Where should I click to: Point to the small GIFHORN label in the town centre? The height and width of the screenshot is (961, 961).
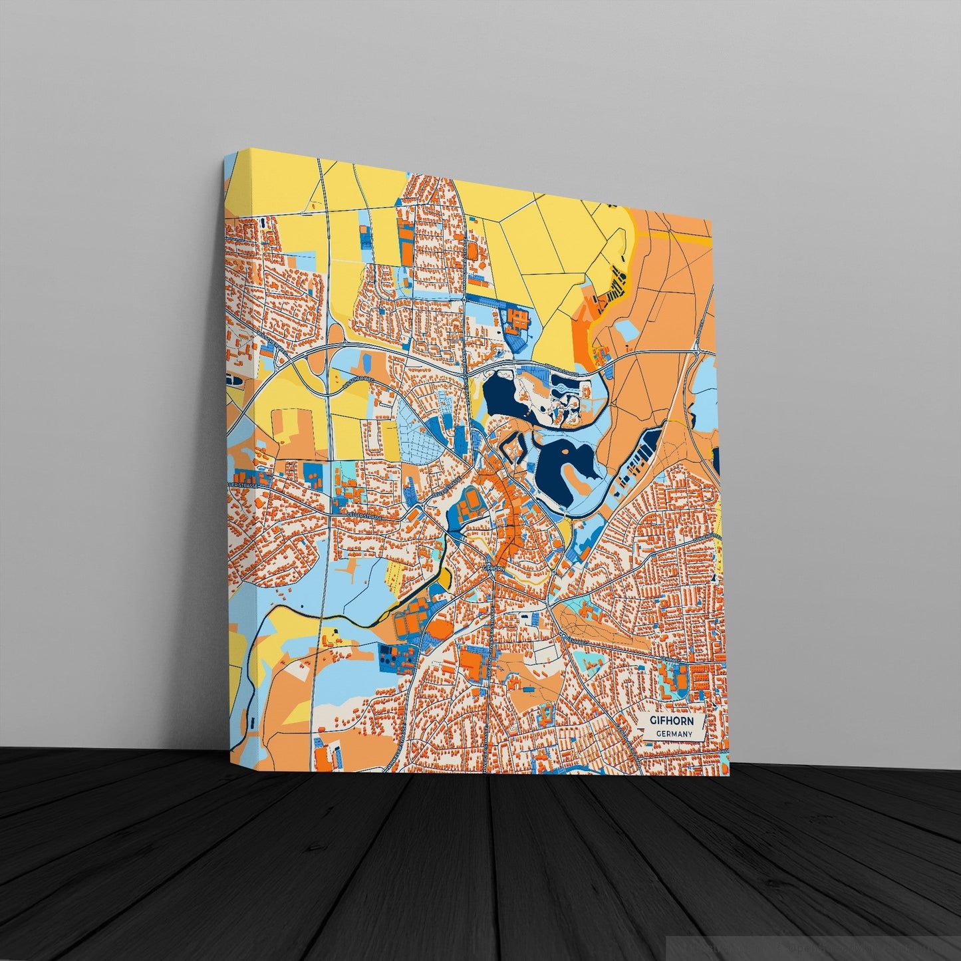pos(493,569)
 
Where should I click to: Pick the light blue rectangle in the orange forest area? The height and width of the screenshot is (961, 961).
pos(627,330)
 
